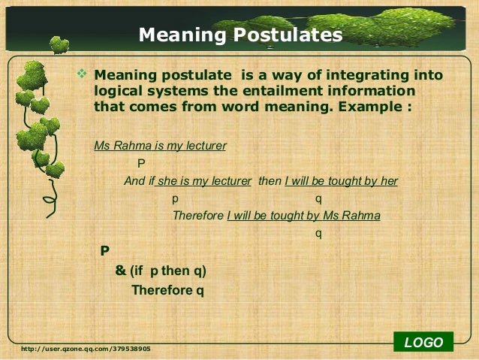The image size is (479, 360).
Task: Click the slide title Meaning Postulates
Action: (240, 35)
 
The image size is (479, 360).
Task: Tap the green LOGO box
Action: (423, 343)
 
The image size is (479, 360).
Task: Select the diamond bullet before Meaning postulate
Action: (83, 75)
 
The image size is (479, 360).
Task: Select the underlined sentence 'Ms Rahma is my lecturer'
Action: (160, 146)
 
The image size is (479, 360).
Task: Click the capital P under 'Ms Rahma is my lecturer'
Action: (141, 163)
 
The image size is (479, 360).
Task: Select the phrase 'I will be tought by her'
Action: (341, 181)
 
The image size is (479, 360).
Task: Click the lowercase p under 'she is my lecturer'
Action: (175, 198)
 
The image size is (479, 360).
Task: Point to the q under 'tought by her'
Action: (318, 198)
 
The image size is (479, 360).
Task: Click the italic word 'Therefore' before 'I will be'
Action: (198, 216)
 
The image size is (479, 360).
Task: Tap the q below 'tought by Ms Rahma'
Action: (318, 233)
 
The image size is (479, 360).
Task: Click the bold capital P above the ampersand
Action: (105, 251)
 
